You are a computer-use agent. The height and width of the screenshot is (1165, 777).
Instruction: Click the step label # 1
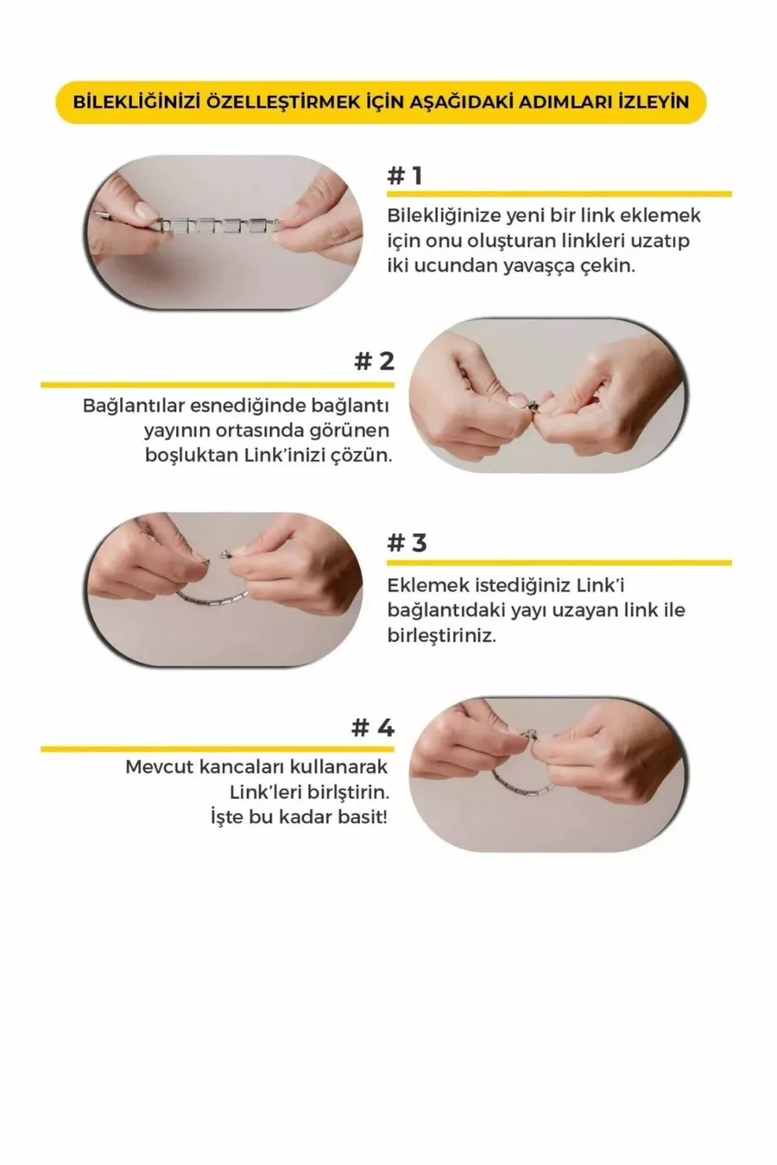[x=405, y=176]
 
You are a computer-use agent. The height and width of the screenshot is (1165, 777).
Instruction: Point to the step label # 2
[x=374, y=362]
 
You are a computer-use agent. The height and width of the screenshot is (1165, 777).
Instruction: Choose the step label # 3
[x=407, y=543]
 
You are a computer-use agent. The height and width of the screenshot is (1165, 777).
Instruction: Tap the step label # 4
[x=373, y=727]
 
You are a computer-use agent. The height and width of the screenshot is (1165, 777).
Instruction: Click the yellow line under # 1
[x=559, y=194]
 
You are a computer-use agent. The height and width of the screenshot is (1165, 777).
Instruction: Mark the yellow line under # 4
[x=218, y=749]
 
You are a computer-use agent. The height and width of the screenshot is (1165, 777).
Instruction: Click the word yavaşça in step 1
[x=540, y=267]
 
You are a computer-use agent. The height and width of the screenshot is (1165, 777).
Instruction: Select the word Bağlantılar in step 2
[x=133, y=406]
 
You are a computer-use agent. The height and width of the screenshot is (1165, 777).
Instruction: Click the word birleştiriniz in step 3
[x=441, y=635]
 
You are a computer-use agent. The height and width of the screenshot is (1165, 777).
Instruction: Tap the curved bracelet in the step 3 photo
[x=212, y=599]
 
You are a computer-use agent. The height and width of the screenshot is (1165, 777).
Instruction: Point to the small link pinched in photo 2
[x=534, y=404]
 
